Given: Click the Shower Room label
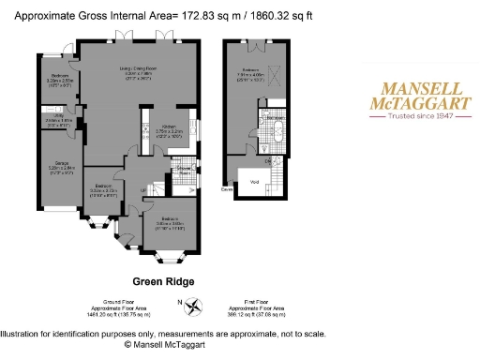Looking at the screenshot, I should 186,170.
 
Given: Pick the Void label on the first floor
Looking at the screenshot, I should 254,181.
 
